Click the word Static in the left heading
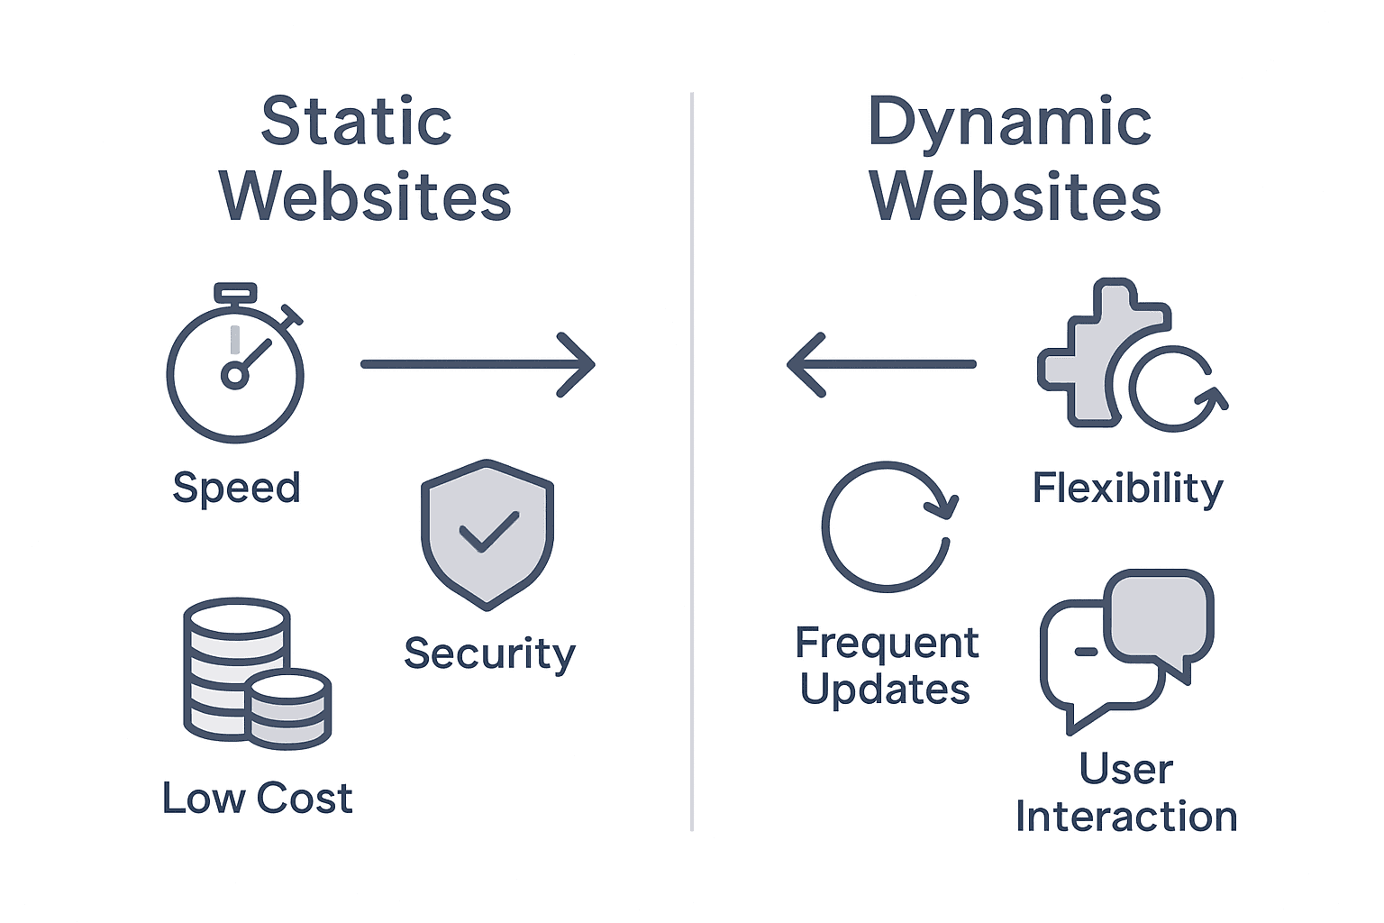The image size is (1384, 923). tap(357, 122)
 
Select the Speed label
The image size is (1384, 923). tap(236, 489)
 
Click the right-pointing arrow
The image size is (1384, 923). tap(478, 364)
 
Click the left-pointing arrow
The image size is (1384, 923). tap(881, 364)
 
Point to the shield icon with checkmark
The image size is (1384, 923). tap(487, 535)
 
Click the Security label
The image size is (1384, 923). tap(489, 653)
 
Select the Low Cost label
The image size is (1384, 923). tap(257, 799)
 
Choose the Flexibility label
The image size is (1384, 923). tap(1127, 489)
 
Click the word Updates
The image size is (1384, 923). tap(885, 690)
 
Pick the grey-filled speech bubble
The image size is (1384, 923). tap(1159, 617)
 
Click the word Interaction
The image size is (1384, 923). tap(1126, 817)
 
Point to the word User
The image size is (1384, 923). tap(1126, 770)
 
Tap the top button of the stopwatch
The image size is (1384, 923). tap(235, 293)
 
